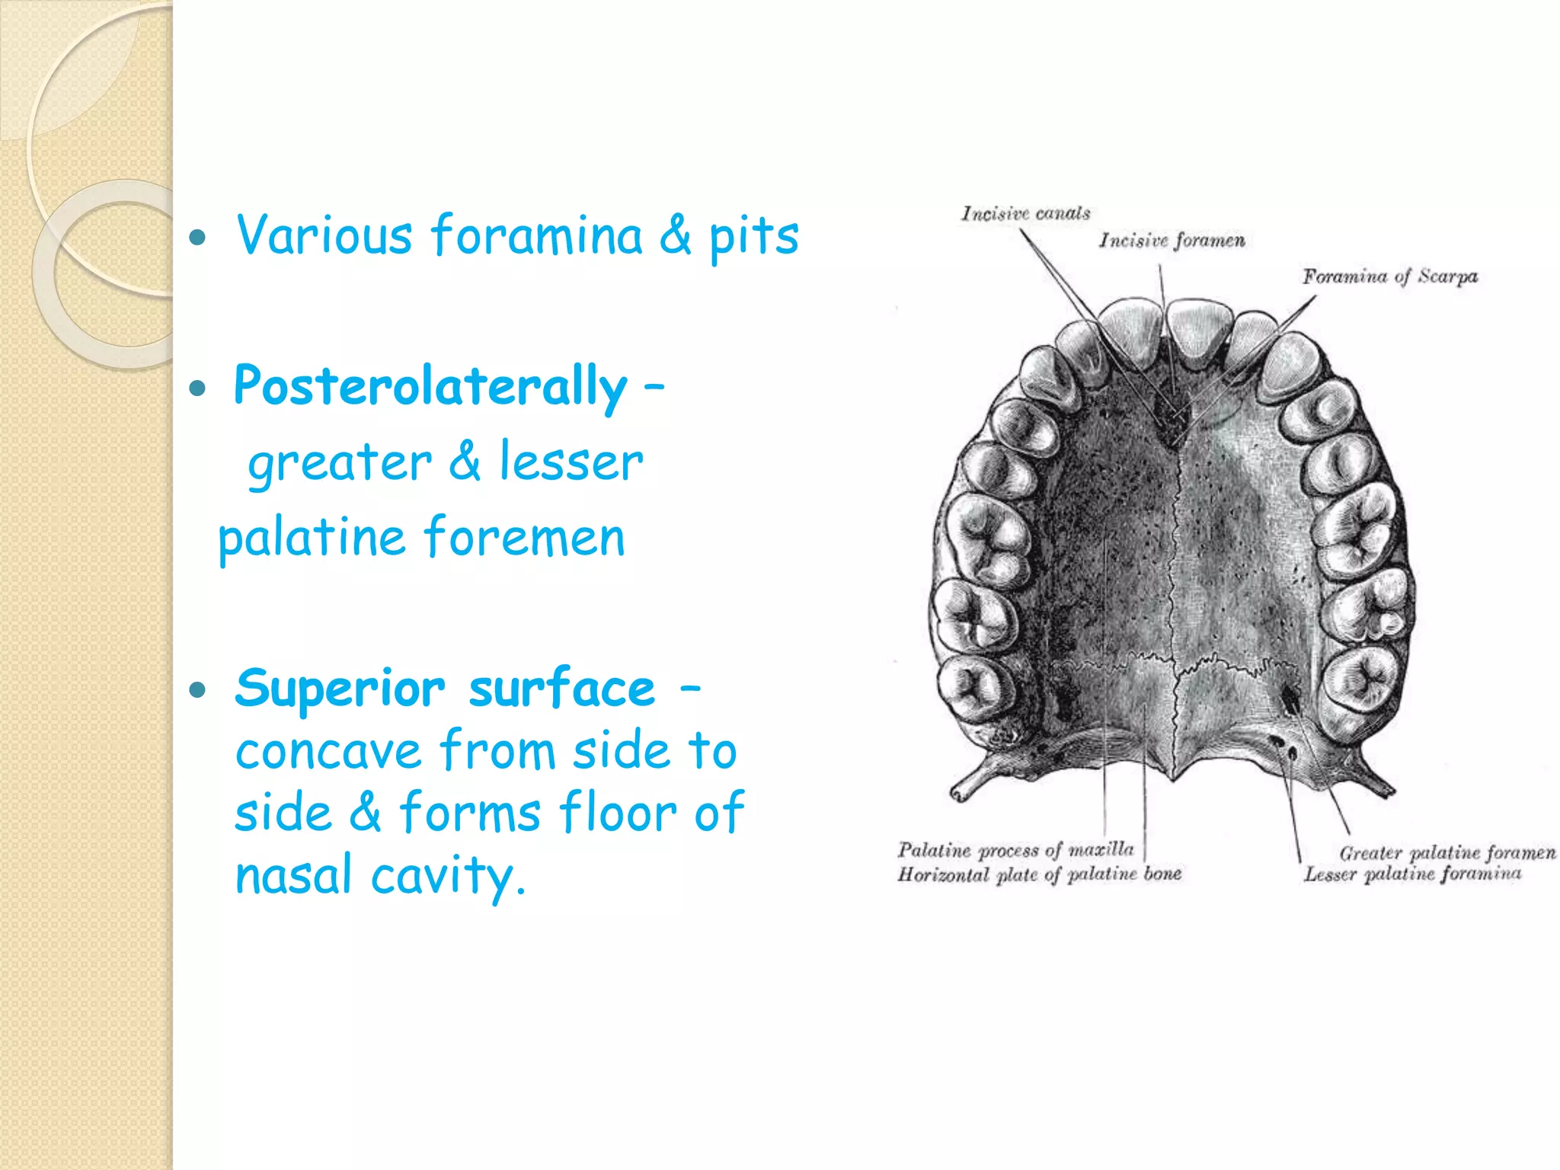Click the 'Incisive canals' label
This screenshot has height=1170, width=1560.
click(x=1025, y=213)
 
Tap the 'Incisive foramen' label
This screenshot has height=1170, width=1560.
click(x=1172, y=241)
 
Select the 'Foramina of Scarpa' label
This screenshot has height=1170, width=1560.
click(x=1389, y=277)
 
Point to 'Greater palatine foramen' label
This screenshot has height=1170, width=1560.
click(x=1447, y=852)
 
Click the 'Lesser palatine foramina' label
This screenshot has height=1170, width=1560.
click(x=1411, y=874)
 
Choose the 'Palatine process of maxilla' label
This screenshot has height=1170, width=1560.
click(x=1015, y=849)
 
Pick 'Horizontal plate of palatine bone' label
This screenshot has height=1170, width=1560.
click(x=1039, y=874)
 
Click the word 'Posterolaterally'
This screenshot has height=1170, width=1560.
click(x=430, y=386)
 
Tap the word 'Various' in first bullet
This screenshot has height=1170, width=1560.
click(x=324, y=235)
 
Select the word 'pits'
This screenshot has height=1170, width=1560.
click(x=753, y=237)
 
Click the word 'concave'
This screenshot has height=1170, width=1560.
click(x=328, y=751)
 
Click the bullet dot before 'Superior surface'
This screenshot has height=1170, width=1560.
click(x=198, y=691)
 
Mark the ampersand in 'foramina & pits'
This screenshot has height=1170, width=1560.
click(x=675, y=235)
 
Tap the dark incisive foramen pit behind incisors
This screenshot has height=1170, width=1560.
click(x=1168, y=415)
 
